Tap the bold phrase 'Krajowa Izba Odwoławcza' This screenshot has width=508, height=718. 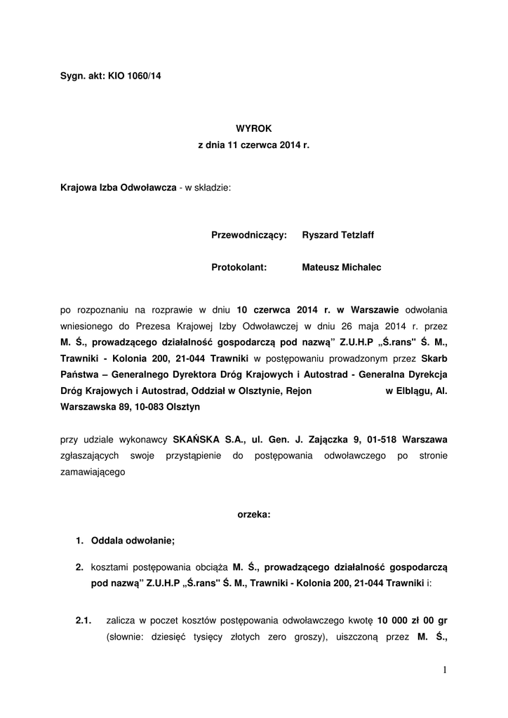coord(119,188)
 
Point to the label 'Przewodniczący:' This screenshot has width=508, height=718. coord(249,235)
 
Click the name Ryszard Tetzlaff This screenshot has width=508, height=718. coord(337,235)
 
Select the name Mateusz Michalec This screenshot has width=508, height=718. coord(342,267)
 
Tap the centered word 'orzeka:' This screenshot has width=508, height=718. coord(253,514)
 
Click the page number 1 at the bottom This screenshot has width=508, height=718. coord(445,670)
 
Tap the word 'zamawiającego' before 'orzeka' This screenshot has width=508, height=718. coord(93,473)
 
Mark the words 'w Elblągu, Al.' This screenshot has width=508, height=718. coord(417,391)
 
